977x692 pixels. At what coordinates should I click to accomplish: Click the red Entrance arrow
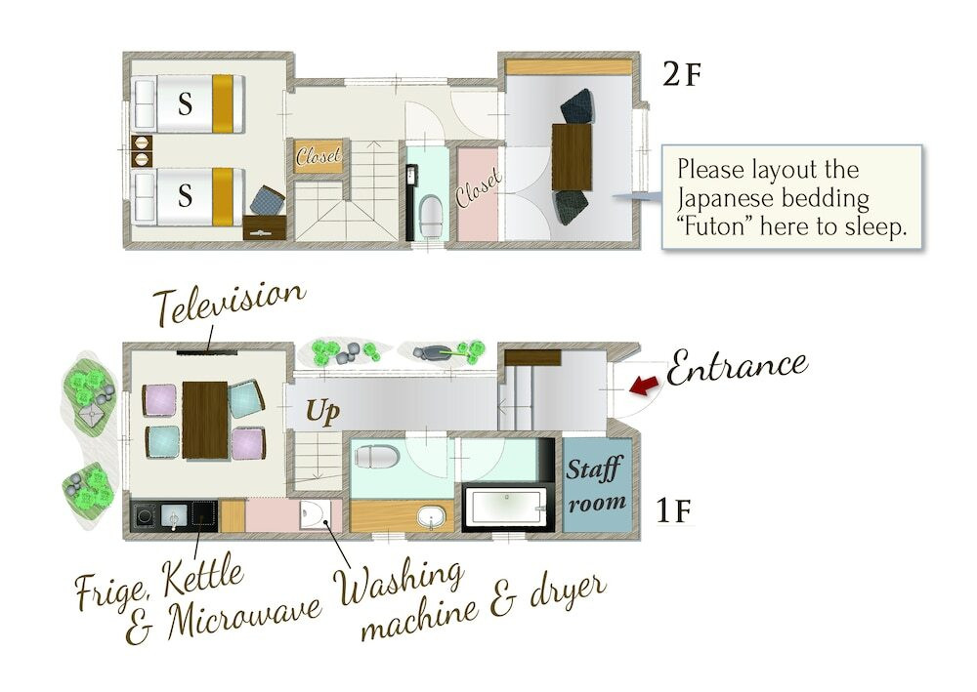point(644,386)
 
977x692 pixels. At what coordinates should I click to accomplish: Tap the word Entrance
point(737,366)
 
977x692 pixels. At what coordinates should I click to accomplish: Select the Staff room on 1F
point(597,485)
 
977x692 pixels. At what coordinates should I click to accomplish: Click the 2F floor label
point(682,75)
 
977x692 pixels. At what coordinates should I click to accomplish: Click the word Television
point(230,303)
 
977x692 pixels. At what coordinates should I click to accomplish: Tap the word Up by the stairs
point(322,411)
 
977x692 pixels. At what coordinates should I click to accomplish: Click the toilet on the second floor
point(431,215)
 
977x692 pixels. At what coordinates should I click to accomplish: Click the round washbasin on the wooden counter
point(431,517)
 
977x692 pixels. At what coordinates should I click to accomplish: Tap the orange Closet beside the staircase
point(319,156)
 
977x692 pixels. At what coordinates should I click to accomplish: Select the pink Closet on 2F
point(478,193)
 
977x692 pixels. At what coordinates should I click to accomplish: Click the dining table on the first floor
point(205,420)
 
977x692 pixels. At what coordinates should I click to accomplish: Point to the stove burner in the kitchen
point(146,516)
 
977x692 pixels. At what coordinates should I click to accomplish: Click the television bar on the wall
point(207,353)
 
